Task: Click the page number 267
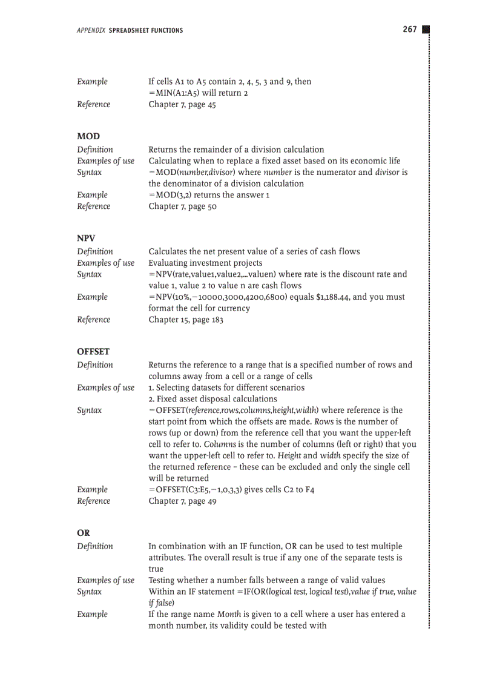click(x=410, y=30)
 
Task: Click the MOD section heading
click(x=88, y=136)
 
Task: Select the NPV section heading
click(x=86, y=238)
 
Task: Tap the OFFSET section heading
click(x=93, y=351)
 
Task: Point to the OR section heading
click(x=84, y=533)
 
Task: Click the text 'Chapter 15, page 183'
click(x=186, y=320)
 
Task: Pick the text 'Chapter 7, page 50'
click(x=182, y=206)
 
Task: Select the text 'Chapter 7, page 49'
click(x=182, y=501)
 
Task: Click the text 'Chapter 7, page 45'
click(x=182, y=104)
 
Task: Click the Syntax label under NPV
click(x=89, y=274)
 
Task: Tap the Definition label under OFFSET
click(x=95, y=365)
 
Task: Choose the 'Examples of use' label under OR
click(x=105, y=580)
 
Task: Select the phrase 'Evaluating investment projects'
click(x=206, y=263)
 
